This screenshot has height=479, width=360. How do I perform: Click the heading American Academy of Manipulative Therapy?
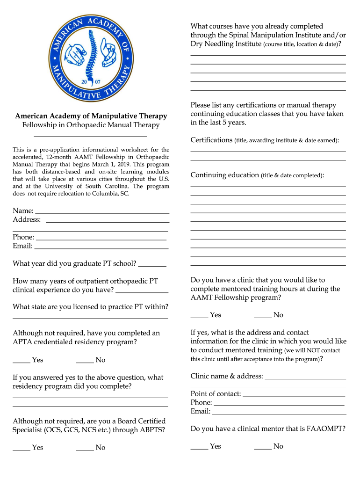91,116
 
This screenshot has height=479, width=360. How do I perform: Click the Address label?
27,219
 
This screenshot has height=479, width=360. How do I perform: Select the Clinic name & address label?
227,377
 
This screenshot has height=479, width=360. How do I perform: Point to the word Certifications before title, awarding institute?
211,140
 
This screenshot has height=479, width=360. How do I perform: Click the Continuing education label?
224,175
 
